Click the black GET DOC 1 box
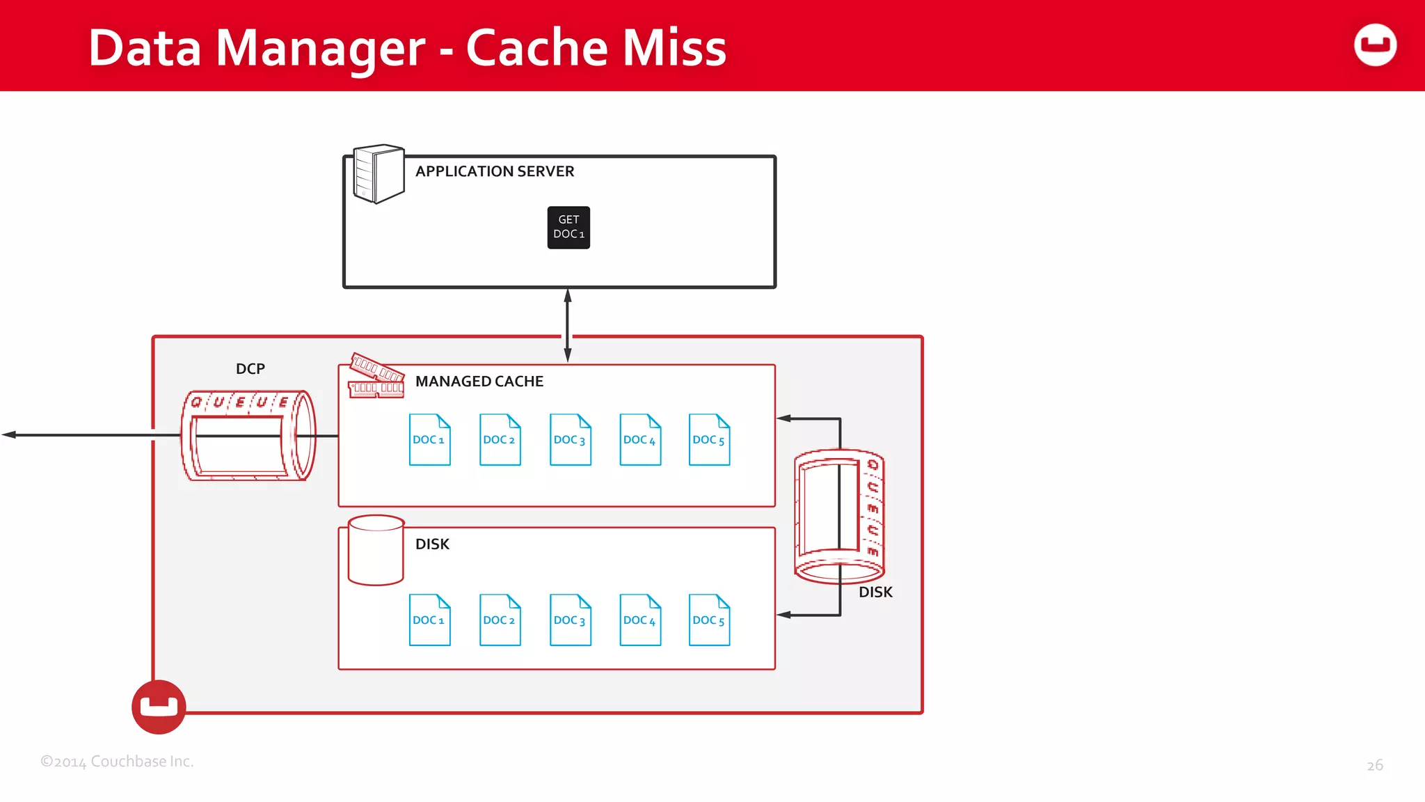[568, 227]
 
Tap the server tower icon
[378, 173]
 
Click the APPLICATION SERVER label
[494, 171]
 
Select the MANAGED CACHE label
[479, 382]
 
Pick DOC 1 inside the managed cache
[429, 439]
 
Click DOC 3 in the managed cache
[570, 439]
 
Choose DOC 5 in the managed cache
[709, 439]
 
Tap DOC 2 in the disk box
[500, 620]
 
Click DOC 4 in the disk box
[640, 620]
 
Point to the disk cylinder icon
[376, 550]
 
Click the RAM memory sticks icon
[376, 377]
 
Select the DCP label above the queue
[250, 369]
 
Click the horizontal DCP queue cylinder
[248, 436]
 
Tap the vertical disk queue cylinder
[839, 515]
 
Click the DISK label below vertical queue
[875, 592]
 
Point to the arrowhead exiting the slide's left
[8, 435]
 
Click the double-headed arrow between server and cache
[568, 324]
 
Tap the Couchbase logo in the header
[1375, 45]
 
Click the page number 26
[1374, 765]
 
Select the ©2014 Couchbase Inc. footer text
[117, 762]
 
